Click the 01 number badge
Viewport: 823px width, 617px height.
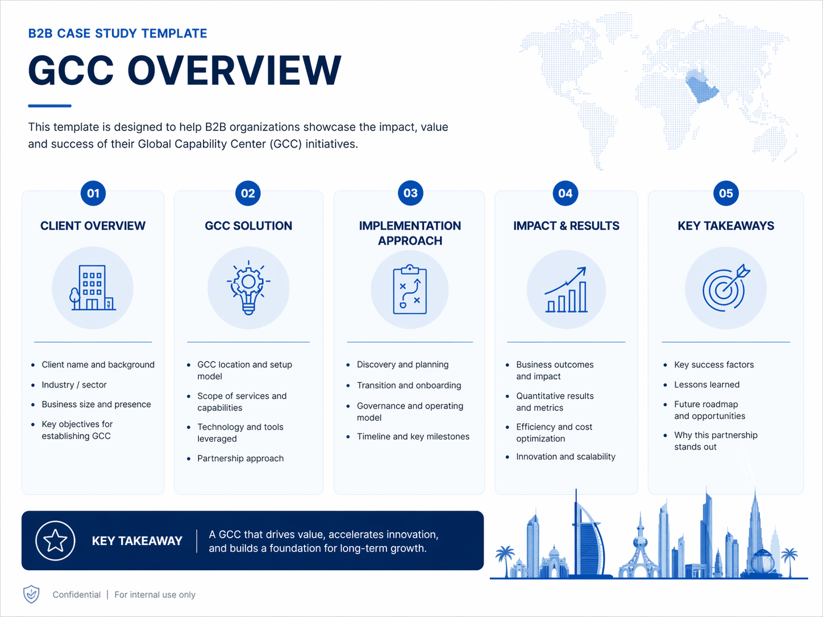pyautogui.click(x=93, y=193)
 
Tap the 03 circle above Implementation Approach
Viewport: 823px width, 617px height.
pyautogui.click(x=410, y=193)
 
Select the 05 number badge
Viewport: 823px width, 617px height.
pyautogui.click(x=726, y=193)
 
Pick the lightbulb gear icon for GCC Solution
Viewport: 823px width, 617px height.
pyautogui.click(x=248, y=287)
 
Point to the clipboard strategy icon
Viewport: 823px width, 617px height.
pyautogui.click(x=410, y=289)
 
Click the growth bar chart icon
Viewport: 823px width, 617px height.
pyautogui.click(x=566, y=290)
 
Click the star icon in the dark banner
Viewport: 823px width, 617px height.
pyautogui.click(x=55, y=541)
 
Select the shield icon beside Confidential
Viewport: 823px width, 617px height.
pyautogui.click(x=31, y=594)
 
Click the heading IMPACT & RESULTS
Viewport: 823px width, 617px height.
pyautogui.click(x=566, y=226)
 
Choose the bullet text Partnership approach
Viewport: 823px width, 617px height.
pyautogui.click(x=240, y=458)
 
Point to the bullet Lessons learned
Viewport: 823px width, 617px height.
pyautogui.click(x=706, y=385)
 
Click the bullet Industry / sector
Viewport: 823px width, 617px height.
pyautogui.click(x=74, y=385)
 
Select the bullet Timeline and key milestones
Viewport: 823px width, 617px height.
pyautogui.click(x=413, y=436)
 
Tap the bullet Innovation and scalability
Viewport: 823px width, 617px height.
pyautogui.click(x=566, y=457)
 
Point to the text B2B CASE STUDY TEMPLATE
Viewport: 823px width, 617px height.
pyautogui.click(x=118, y=34)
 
